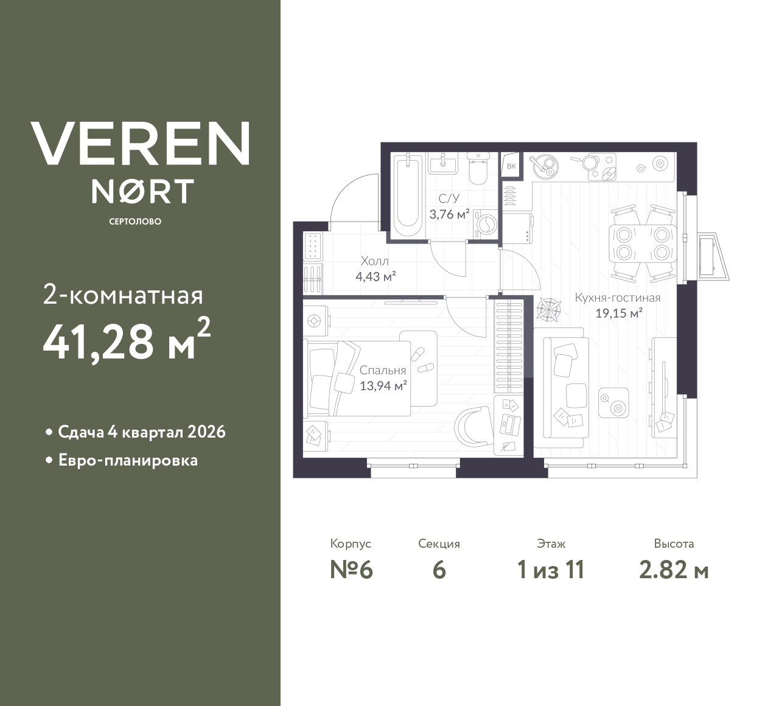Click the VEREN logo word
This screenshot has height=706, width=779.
pyautogui.click(x=141, y=144)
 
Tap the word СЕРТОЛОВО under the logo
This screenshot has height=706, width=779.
pyautogui.click(x=135, y=222)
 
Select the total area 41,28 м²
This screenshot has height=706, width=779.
pyautogui.click(x=127, y=341)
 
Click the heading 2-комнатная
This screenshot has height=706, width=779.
pyautogui.click(x=123, y=296)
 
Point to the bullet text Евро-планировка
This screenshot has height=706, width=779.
pyautogui.click(x=128, y=460)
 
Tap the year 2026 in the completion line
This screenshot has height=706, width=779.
pyautogui.click(x=207, y=432)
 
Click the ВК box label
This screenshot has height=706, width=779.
pyautogui.click(x=511, y=166)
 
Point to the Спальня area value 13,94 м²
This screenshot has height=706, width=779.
pyautogui.click(x=383, y=386)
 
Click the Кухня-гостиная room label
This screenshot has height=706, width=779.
pyautogui.click(x=617, y=298)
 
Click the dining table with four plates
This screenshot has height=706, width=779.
pyautogui.click(x=643, y=243)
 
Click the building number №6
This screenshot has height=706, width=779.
pyautogui.click(x=351, y=570)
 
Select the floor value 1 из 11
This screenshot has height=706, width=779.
pyautogui.click(x=550, y=570)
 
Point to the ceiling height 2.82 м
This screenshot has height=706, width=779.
pyautogui.click(x=674, y=570)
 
